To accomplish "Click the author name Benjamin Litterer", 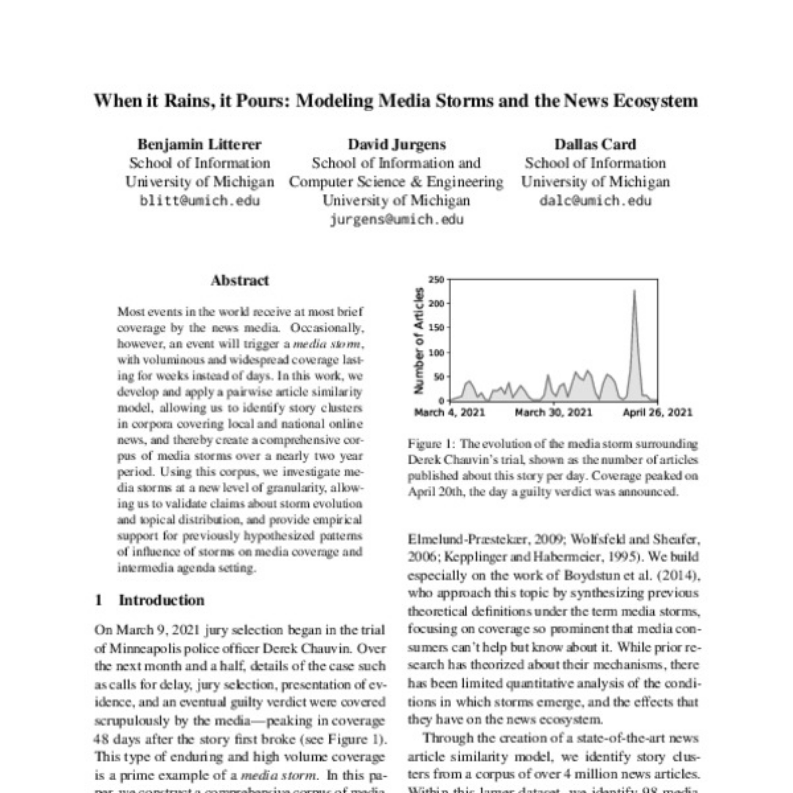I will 199,144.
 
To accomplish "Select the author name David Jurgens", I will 396,144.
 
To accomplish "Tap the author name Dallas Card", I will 595,144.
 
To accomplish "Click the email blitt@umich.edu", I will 199,201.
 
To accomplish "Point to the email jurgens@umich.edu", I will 396,220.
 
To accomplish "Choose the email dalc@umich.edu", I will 595,201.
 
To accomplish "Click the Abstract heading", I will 240,281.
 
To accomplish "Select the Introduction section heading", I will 161,600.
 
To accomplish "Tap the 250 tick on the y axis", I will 436,280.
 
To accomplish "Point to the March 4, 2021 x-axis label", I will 450,412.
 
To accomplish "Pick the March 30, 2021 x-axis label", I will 553,412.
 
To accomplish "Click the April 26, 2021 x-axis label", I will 657,412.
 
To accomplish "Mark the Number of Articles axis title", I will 419,340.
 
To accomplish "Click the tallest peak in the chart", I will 634,291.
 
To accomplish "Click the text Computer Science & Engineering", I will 396,182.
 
